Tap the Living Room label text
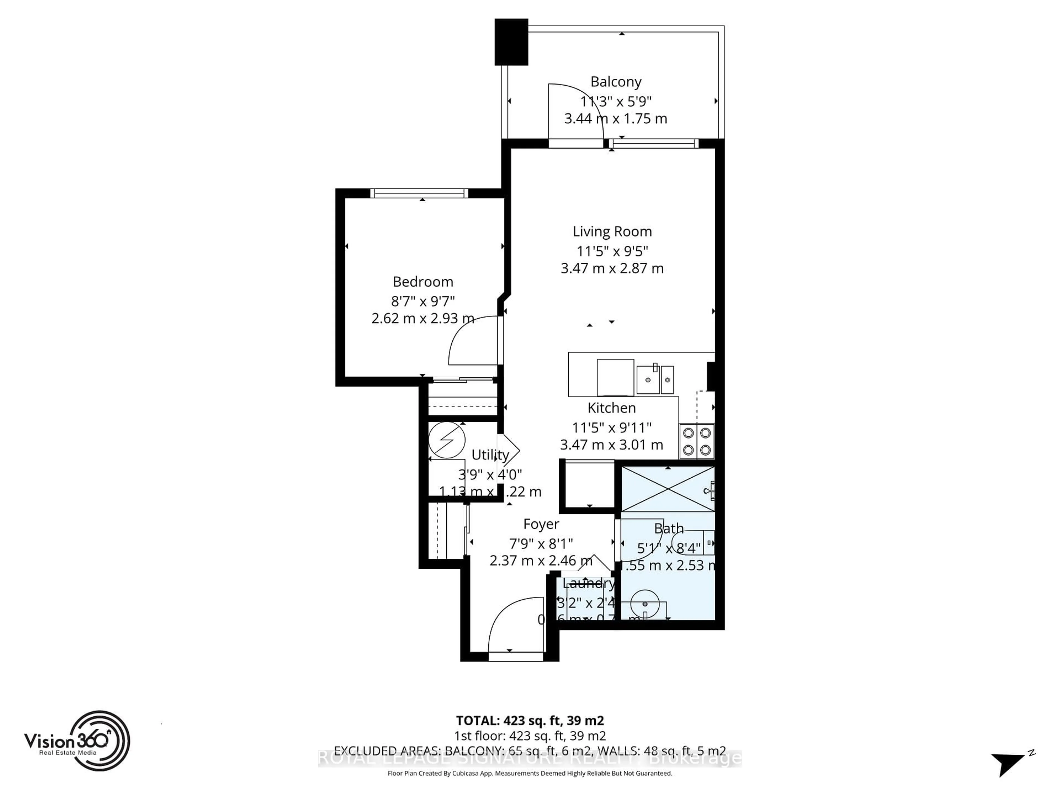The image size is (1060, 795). pos(612,231)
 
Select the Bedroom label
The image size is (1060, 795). pos(423,282)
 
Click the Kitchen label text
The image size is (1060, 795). pos(611,408)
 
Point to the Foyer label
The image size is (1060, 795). pos(541,524)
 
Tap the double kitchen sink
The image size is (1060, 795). pos(655,380)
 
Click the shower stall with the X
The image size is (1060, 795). pos(667,489)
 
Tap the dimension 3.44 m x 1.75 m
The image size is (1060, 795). pos(615,118)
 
